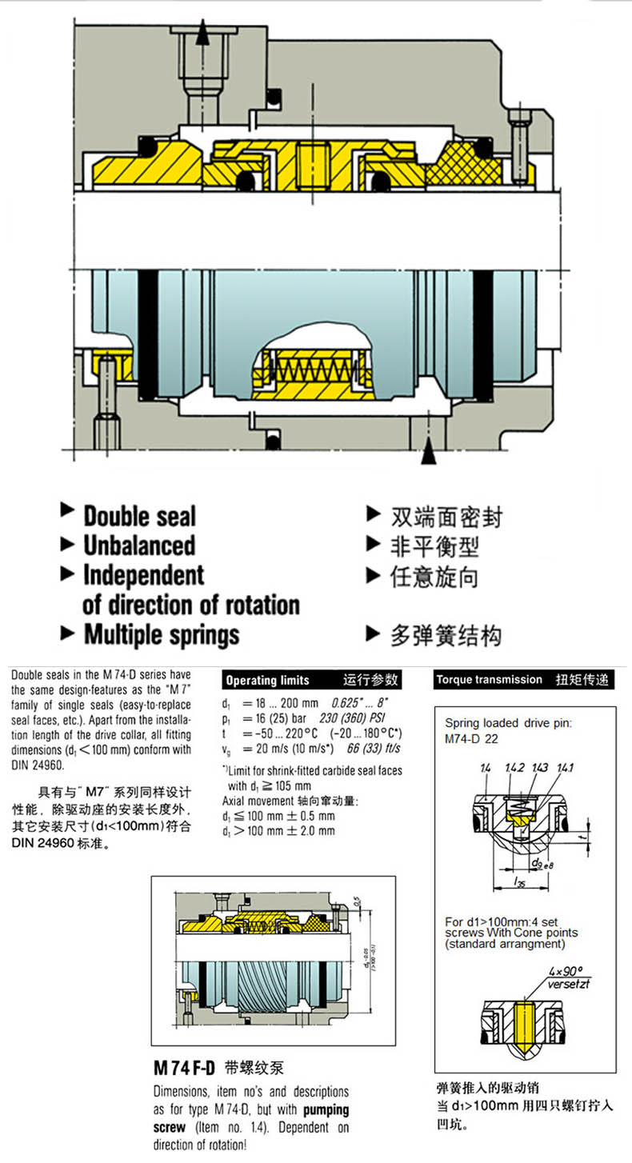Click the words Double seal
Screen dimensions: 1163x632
(139, 516)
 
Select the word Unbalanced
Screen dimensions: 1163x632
(139, 546)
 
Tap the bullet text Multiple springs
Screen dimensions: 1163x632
(161, 635)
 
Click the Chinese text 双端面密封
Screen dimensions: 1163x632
(446, 516)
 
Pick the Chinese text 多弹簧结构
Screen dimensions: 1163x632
(446, 636)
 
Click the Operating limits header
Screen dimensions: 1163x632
(267, 681)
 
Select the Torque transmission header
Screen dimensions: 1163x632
(489, 680)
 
